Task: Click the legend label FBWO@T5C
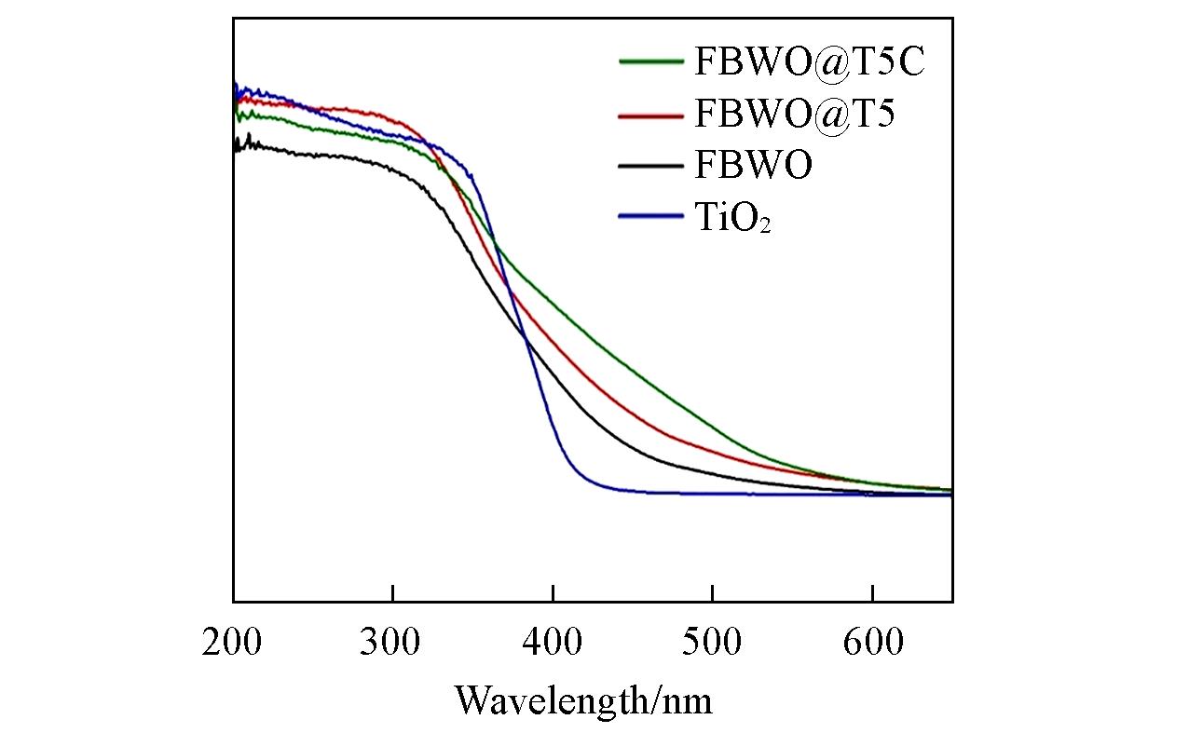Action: click(811, 62)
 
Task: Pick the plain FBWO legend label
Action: click(753, 167)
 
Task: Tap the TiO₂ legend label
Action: click(732, 219)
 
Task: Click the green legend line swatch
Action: click(651, 62)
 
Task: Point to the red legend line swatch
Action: click(651, 115)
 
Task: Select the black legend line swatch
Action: click(651, 167)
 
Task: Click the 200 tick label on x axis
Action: click(233, 642)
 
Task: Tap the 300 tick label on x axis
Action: click(393, 642)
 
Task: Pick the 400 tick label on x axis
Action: click(553, 642)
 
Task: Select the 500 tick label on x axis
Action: click(712, 642)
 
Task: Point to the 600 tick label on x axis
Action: click(872, 642)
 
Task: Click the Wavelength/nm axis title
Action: click(583, 699)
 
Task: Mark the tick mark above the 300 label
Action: click(393, 593)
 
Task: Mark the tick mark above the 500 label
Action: click(712, 593)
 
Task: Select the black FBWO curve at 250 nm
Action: click(313, 155)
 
